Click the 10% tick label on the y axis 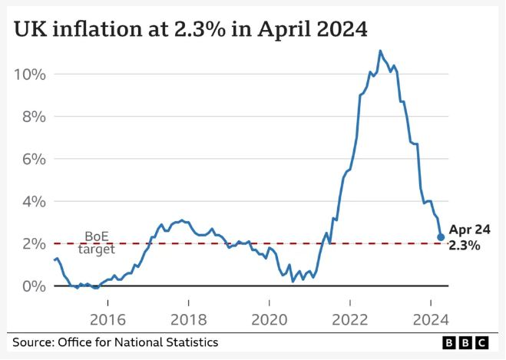(x=28, y=74)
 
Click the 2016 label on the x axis (x=107, y=319)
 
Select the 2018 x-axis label (x=188, y=319)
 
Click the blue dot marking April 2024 (x=441, y=237)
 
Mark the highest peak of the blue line (x=380, y=51)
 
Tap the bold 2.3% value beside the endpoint (x=465, y=246)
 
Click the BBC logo (x=469, y=342)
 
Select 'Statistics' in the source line (x=191, y=342)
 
